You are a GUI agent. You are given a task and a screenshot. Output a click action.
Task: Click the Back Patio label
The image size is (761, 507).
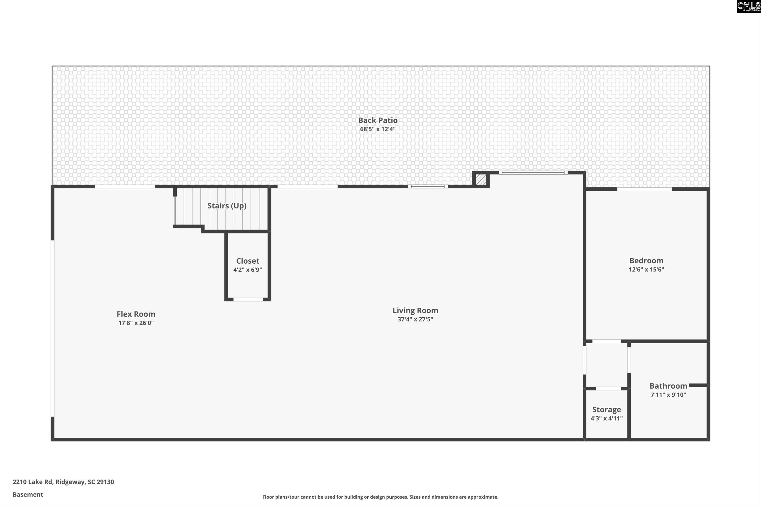click(x=378, y=120)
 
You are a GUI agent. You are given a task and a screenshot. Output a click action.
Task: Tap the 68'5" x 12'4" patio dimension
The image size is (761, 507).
click(x=378, y=129)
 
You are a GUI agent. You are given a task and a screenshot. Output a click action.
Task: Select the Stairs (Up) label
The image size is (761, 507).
click(x=227, y=206)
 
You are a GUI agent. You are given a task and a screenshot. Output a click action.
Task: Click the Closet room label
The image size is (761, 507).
click(x=247, y=261)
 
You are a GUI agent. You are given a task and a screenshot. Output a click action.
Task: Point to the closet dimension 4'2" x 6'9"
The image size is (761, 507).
click(x=247, y=270)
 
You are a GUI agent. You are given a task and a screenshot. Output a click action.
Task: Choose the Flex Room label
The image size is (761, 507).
click(x=136, y=314)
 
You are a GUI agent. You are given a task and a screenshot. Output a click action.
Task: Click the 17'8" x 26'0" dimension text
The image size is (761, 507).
click(x=136, y=323)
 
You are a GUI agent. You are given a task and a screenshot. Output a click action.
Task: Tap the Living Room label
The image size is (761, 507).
click(x=415, y=310)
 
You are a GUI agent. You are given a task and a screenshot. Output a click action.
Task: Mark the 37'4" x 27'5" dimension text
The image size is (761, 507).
click(x=415, y=319)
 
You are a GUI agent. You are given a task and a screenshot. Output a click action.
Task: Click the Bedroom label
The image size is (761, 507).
click(x=646, y=261)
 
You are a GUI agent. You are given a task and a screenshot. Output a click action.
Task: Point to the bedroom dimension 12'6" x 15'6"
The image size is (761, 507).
click(x=646, y=269)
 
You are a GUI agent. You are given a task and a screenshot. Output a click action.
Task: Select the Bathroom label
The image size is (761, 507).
click(x=668, y=386)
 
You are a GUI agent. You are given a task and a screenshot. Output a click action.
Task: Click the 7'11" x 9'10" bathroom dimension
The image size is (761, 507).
click(x=668, y=394)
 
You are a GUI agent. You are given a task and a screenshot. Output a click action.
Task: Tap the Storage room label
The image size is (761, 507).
click(x=606, y=409)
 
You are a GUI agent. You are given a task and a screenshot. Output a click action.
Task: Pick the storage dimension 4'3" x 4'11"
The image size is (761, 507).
click(x=606, y=418)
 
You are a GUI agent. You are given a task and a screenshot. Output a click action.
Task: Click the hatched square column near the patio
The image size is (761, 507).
click(x=481, y=179)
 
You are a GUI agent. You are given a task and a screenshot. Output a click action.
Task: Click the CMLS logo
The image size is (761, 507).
click(x=748, y=6)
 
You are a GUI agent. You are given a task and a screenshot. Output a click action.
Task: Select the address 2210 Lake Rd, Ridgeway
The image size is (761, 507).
click(x=63, y=482)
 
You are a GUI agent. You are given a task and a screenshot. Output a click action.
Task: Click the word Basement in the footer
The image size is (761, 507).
click(x=28, y=494)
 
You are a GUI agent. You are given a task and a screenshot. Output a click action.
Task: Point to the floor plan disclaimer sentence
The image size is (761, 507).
click(x=380, y=497)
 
